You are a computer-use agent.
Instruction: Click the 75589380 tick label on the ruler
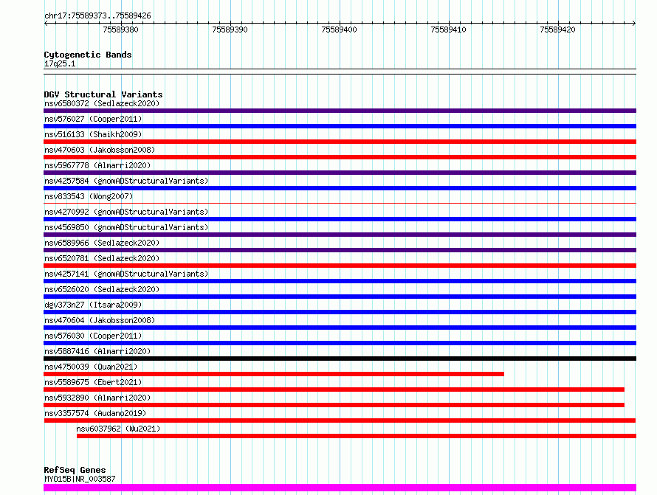pos(120,30)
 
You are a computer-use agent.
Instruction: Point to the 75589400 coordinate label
pos(339,30)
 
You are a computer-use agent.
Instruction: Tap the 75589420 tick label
pos(557,30)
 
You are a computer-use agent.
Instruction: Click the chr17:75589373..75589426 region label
pos(97,16)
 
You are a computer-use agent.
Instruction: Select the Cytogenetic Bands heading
pos(88,55)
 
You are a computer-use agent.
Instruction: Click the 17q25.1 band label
pos(60,63)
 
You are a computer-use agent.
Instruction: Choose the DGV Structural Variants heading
pos(103,94)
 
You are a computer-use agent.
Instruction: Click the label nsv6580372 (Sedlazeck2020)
pos(102,103)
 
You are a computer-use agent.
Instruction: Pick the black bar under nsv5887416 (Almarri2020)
pos(340,359)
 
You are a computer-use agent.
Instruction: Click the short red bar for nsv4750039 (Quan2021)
pos(274,374)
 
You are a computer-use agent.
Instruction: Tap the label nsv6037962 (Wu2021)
pos(118,429)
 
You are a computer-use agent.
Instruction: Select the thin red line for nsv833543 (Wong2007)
pos(340,204)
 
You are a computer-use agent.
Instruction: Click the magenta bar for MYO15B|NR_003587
pos(340,488)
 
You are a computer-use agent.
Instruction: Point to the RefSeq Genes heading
pos(75,470)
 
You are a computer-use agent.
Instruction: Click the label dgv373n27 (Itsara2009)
pos(93,305)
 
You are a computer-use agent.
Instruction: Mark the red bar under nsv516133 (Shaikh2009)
pos(340,142)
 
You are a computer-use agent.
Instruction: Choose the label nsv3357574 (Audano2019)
pos(95,413)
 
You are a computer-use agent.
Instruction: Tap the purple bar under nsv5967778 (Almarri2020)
pos(340,173)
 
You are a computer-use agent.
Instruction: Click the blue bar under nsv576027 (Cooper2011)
pos(340,126)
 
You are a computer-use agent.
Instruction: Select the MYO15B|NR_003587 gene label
pos(80,479)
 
